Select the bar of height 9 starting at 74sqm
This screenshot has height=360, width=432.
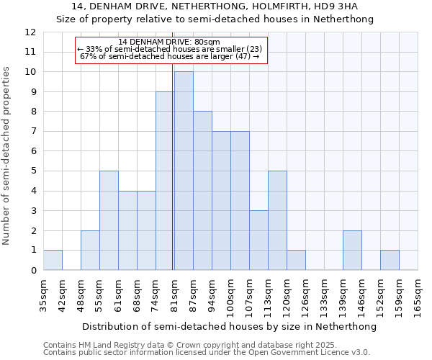tap(165, 181)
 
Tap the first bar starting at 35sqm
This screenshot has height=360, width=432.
tap(53, 260)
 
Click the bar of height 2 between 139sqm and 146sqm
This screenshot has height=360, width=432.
tap(352, 250)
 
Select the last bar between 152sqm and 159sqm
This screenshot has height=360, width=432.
tap(390, 260)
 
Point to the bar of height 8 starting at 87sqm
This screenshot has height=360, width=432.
tap(202, 191)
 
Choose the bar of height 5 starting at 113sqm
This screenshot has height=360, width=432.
tap(277, 220)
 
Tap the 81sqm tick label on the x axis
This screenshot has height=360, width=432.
tap(174, 294)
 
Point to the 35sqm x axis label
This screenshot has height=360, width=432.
tap(43, 294)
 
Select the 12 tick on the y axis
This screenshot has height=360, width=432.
tap(30, 32)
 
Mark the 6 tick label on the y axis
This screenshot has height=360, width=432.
tap(33, 151)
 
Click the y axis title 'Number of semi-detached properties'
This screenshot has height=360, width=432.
tap(7, 156)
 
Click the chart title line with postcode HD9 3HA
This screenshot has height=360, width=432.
tap(215, 6)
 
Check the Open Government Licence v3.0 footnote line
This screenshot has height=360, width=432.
tap(207, 353)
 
